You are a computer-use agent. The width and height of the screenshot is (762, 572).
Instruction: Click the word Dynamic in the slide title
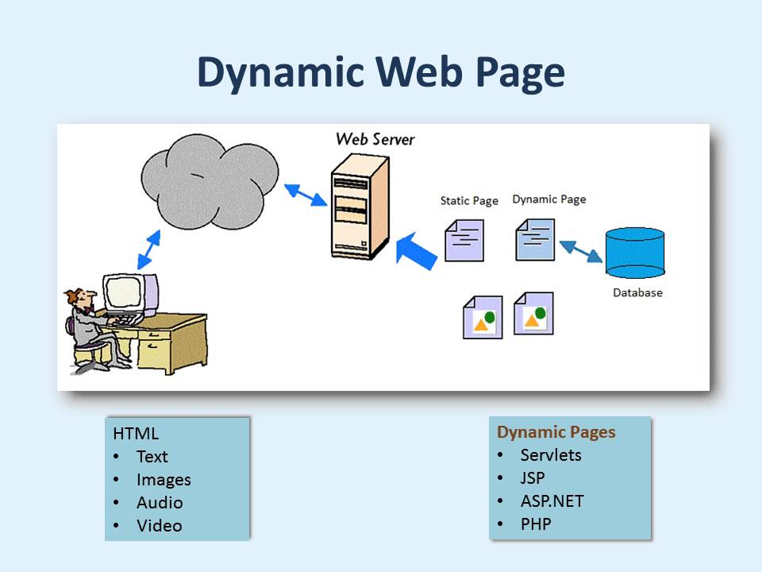point(280,73)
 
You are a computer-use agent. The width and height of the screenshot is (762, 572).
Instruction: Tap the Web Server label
point(375,139)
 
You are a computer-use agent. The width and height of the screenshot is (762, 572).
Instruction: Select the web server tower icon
point(360,207)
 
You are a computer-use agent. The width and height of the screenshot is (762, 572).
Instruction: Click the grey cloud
point(210,181)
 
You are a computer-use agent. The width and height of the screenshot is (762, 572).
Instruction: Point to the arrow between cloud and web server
point(306,195)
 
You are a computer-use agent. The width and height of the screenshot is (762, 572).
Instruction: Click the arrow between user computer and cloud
point(148,249)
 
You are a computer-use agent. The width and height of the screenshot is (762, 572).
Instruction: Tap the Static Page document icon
point(464,240)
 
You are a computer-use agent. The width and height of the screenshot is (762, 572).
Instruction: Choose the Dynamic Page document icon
point(535,239)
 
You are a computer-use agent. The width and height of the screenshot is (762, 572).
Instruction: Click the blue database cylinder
point(635,253)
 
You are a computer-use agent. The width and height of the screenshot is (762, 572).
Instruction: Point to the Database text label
point(637,293)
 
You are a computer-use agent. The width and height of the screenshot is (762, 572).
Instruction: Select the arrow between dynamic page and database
point(581,252)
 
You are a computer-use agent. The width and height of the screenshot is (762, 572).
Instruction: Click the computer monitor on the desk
point(130,295)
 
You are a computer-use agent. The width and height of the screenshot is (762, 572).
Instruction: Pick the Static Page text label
point(469,201)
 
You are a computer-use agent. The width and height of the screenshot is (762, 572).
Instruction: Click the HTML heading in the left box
point(136,434)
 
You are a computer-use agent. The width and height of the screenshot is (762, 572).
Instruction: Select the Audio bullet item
point(160,502)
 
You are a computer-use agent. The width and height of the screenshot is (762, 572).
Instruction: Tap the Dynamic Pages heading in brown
point(556,432)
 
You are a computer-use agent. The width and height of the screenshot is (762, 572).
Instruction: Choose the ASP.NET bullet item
point(552,501)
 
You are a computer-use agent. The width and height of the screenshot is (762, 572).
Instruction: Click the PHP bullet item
point(536,524)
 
